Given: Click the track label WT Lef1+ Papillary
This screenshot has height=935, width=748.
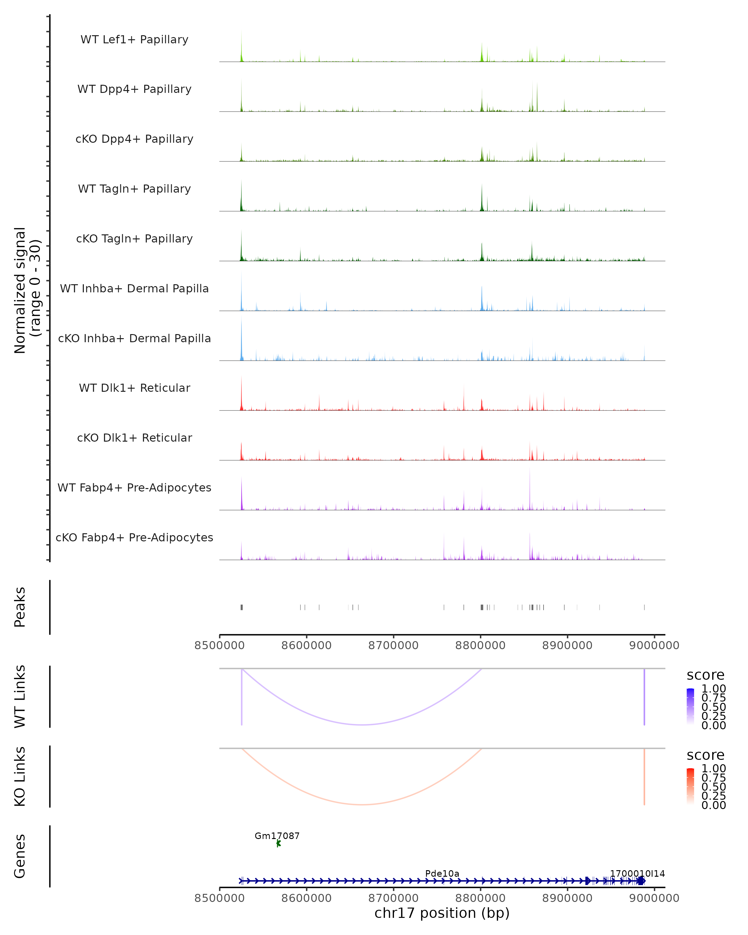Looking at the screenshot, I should (134, 40).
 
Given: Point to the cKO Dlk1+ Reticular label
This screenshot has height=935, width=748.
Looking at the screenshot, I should (134, 438).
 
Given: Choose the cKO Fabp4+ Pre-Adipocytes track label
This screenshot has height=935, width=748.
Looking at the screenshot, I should (134, 537).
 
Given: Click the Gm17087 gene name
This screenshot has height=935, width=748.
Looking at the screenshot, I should (277, 836).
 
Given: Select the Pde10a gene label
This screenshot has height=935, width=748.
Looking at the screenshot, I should (442, 873).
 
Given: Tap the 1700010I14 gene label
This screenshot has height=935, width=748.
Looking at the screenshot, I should (637, 873).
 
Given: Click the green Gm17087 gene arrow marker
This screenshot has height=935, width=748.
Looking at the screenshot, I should (278, 843).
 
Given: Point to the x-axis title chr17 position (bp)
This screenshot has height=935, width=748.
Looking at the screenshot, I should (442, 913).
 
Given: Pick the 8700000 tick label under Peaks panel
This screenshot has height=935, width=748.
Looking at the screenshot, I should (393, 645).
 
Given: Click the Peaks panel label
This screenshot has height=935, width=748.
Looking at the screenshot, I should (20, 607).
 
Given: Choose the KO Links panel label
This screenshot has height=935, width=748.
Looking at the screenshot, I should (20, 776).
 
